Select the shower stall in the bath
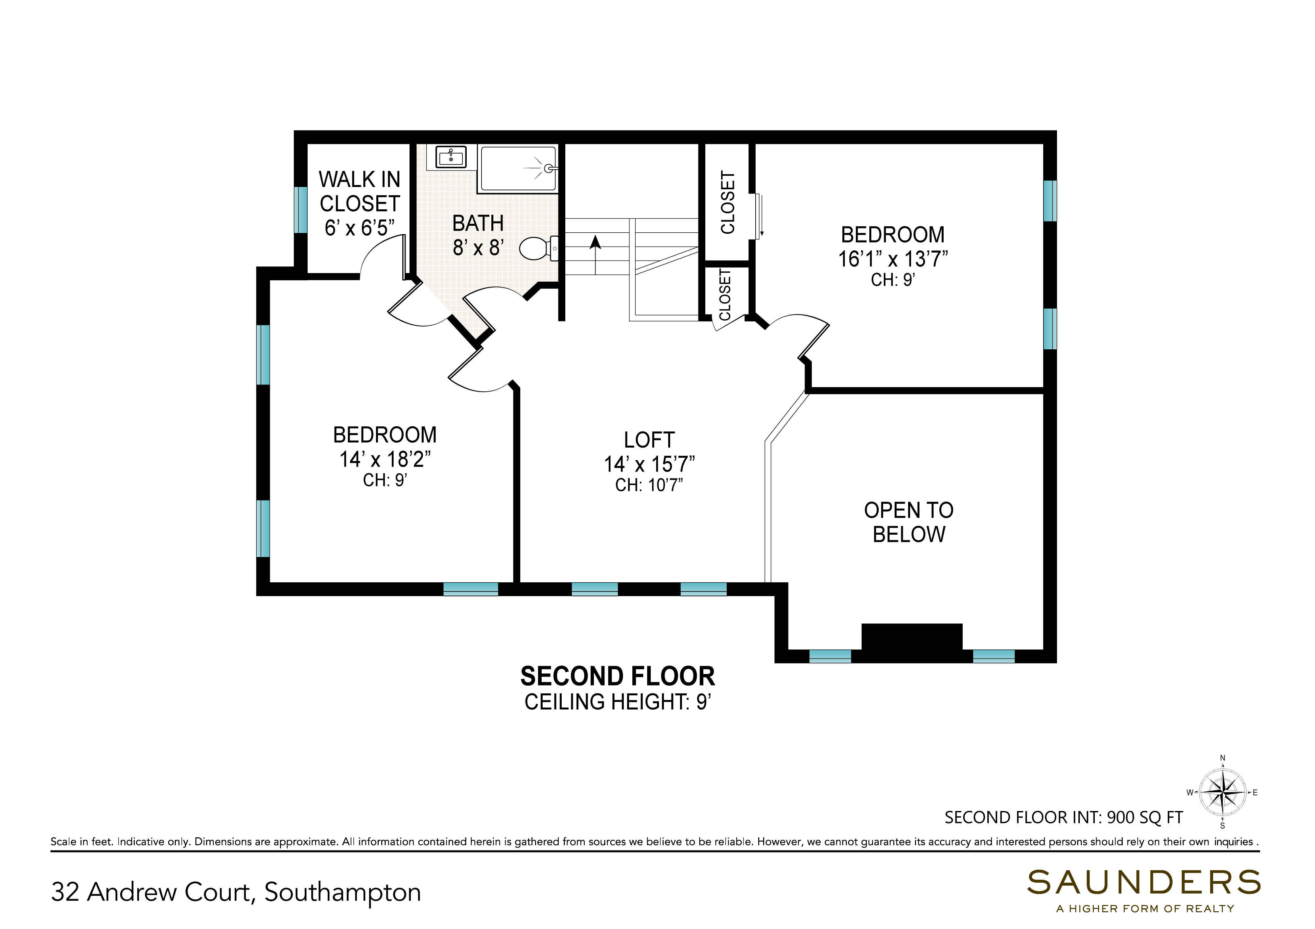[x=518, y=168]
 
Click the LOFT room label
[x=649, y=440]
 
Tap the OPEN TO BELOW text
[x=909, y=522]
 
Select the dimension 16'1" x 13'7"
[x=893, y=259]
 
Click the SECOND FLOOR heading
[x=618, y=676]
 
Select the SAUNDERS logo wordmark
[x=1144, y=883]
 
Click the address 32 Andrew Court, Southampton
[x=236, y=892]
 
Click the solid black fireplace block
[x=912, y=642]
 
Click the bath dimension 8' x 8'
[x=478, y=247]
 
